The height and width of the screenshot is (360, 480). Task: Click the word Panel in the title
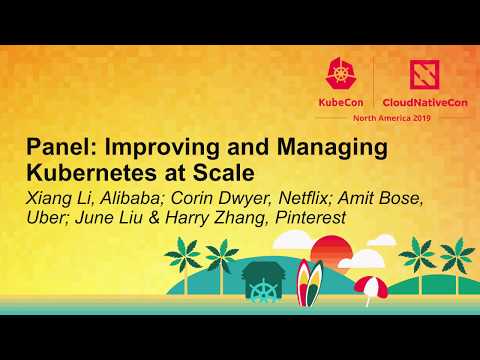[58, 148]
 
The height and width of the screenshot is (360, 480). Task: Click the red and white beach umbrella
[371, 288]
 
